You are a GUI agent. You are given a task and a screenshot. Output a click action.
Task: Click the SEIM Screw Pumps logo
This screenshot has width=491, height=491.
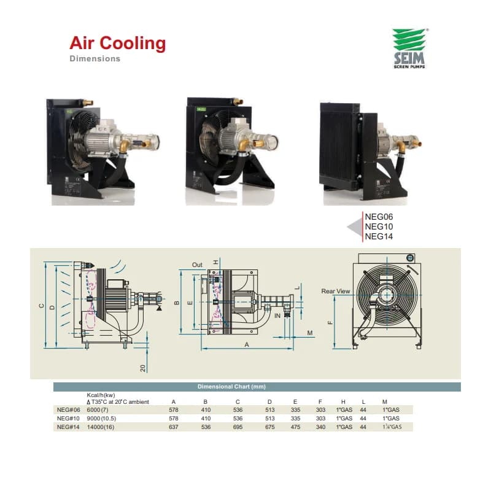(x=410, y=48)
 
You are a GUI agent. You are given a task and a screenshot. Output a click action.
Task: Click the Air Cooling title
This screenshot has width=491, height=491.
(x=117, y=43)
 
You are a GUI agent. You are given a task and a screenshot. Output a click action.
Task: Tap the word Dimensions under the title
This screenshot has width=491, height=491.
(x=95, y=58)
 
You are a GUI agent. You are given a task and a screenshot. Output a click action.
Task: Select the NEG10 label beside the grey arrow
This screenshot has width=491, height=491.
(x=379, y=226)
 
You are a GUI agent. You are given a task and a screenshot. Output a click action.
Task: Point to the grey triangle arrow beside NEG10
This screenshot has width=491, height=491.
(x=355, y=227)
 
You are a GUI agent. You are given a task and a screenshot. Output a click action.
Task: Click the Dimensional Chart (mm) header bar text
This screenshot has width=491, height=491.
(x=231, y=387)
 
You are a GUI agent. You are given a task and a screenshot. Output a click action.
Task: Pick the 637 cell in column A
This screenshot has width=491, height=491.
(x=174, y=427)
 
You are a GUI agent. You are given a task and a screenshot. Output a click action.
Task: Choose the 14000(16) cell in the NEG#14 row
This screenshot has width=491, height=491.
(x=101, y=427)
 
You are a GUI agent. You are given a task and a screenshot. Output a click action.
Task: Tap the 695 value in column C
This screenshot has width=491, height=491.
(x=238, y=427)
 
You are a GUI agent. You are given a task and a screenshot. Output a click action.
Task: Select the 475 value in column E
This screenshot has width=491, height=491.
(x=295, y=427)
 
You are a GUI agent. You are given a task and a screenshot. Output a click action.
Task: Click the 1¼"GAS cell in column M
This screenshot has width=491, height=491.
(x=392, y=427)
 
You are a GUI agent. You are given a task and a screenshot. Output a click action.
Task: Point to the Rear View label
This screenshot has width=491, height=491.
(x=335, y=291)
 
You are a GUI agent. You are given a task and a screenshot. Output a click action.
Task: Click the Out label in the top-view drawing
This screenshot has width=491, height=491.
(x=197, y=265)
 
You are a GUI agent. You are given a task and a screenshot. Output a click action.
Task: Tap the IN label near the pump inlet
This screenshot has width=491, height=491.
(x=277, y=315)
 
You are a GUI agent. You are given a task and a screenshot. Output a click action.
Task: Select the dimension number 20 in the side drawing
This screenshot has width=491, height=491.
(x=143, y=368)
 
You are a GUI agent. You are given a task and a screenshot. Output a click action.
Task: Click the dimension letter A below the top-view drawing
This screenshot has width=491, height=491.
(x=247, y=345)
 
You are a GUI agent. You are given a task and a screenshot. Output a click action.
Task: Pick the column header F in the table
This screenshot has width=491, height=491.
(x=320, y=402)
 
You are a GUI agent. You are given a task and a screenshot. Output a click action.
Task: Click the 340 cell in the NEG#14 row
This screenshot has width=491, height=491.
(x=320, y=427)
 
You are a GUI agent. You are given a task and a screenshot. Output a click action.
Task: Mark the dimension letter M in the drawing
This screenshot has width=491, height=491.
(x=310, y=333)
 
